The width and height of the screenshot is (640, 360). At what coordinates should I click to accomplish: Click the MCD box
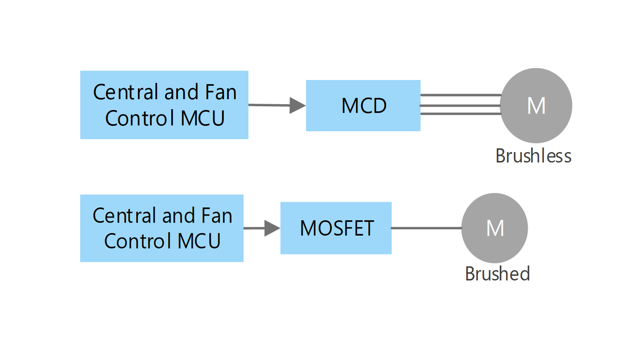(363, 106)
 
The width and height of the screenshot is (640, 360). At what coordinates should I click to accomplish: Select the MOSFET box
(336, 228)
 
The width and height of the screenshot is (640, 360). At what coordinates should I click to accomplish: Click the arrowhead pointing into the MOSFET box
(272, 228)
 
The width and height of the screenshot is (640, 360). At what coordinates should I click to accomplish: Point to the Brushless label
(533, 156)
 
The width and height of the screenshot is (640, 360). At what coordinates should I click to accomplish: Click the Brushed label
(498, 274)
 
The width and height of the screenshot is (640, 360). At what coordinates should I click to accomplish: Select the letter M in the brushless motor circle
(536, 106)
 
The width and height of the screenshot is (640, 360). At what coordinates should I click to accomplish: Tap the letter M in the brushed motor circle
(495, 228)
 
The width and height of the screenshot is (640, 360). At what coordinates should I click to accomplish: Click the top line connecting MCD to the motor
(461, 95)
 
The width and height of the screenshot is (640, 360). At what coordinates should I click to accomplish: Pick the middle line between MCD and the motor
(460, 106)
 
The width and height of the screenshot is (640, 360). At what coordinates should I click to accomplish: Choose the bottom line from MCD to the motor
(461, 114)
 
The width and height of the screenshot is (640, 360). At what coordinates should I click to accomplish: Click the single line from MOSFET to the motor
(427, 228)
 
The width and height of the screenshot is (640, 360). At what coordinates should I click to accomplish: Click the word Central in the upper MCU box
(126, 92)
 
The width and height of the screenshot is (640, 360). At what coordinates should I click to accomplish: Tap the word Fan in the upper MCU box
(221, 92)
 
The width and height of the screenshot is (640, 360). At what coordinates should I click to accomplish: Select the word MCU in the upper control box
(202, 118)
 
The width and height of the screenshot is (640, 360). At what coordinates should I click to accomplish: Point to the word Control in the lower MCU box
(138, 241)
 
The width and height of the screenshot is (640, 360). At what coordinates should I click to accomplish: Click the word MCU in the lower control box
(199, 241)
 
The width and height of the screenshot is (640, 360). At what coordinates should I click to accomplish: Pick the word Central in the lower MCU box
(125, 215)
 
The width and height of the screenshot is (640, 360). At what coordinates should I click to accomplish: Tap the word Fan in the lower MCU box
(217, 215)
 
